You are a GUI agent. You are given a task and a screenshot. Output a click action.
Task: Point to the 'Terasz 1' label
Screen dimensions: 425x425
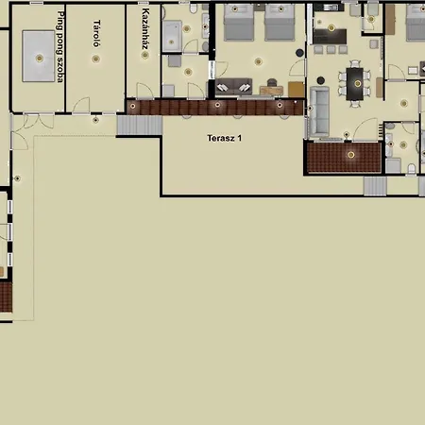[225, 138]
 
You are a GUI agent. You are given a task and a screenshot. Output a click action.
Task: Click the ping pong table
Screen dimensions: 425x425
[38, 58]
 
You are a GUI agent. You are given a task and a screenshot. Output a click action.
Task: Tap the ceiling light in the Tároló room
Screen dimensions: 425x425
[96, 59]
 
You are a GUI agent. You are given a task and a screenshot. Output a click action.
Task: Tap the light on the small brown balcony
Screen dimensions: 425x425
[350, 153]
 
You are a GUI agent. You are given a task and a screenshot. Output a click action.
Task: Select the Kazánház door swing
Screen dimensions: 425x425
[144, 91]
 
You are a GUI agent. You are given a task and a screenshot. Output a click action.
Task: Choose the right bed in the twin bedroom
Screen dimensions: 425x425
[280, 23]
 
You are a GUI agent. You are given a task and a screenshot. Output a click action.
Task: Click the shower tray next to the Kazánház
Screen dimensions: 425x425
[172, 36]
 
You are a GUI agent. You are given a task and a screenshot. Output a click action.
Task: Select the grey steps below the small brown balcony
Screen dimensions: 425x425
[375, 186]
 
